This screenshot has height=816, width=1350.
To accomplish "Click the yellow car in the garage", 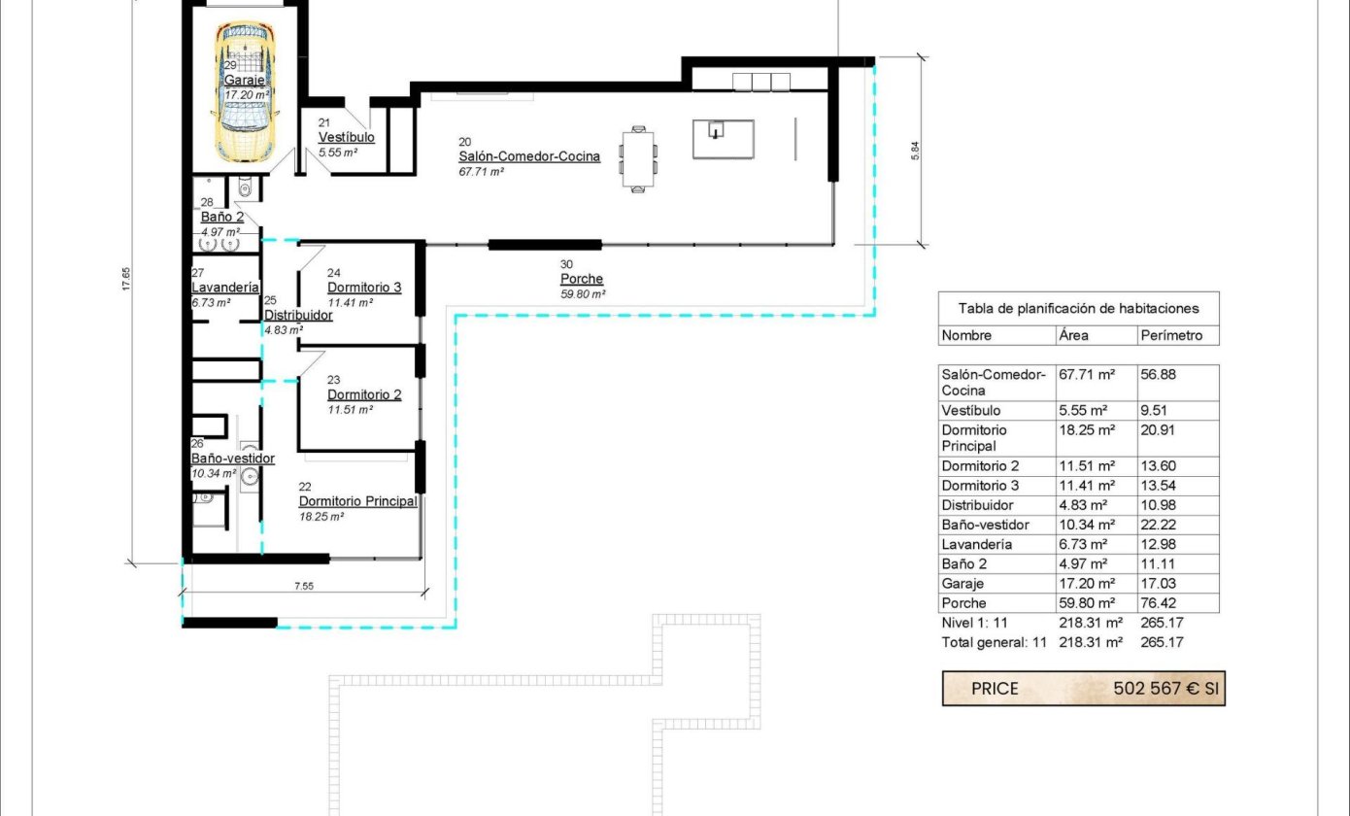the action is pos(246,91).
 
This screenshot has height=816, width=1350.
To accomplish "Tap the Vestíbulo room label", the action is pos(347,137).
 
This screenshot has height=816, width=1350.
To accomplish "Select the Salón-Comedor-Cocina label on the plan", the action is pos(529,156).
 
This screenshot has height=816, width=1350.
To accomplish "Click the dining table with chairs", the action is pos(638,159).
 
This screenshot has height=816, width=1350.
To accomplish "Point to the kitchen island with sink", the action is pos(724,139).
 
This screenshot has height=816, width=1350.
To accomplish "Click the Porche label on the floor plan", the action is pos(582,279).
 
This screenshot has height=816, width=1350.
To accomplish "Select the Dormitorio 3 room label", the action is pos(364,288).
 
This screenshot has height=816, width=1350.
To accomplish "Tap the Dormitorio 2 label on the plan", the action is pos(364,394).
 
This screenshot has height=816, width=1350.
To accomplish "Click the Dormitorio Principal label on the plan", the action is pos(358,501).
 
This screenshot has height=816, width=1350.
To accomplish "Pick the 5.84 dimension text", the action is pos(915,151).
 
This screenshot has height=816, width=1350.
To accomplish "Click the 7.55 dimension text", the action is pos(304,586).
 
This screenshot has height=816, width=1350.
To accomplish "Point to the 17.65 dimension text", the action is pos(126,279).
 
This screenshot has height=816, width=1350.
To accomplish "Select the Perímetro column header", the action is pos(1171,336).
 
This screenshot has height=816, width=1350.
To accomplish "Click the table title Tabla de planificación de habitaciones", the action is pos(1078,309).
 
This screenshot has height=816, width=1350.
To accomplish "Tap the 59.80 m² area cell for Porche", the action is pos(1083,603).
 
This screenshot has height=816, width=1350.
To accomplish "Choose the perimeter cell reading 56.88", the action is pos(1158,375).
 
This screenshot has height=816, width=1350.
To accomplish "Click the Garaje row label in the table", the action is pos(962,584).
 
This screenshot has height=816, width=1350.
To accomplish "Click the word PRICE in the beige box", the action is pos(995,689).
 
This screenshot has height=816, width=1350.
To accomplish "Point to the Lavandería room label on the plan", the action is pos(225,288).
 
